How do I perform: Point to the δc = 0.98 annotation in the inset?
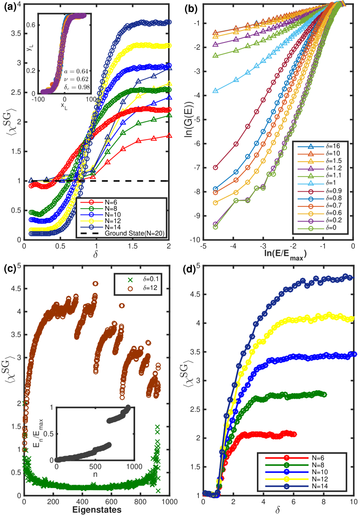point(77,87)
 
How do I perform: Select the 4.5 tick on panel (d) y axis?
point(194,294)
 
